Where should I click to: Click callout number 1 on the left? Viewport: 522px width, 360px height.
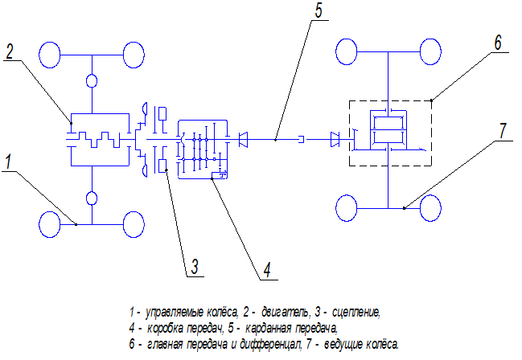(x=8, y=162)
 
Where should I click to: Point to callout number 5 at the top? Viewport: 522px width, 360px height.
(x=319, y=11)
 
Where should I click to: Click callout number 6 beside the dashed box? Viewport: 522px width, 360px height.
(x=499, y=43)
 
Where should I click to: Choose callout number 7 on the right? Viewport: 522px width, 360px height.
(x=503, y=131)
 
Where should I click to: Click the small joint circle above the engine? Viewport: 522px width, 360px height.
(x=92, y=81)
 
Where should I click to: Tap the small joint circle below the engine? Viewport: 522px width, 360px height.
(x=92, y=197)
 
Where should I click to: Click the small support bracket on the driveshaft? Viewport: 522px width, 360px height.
(x=301, y=140)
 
